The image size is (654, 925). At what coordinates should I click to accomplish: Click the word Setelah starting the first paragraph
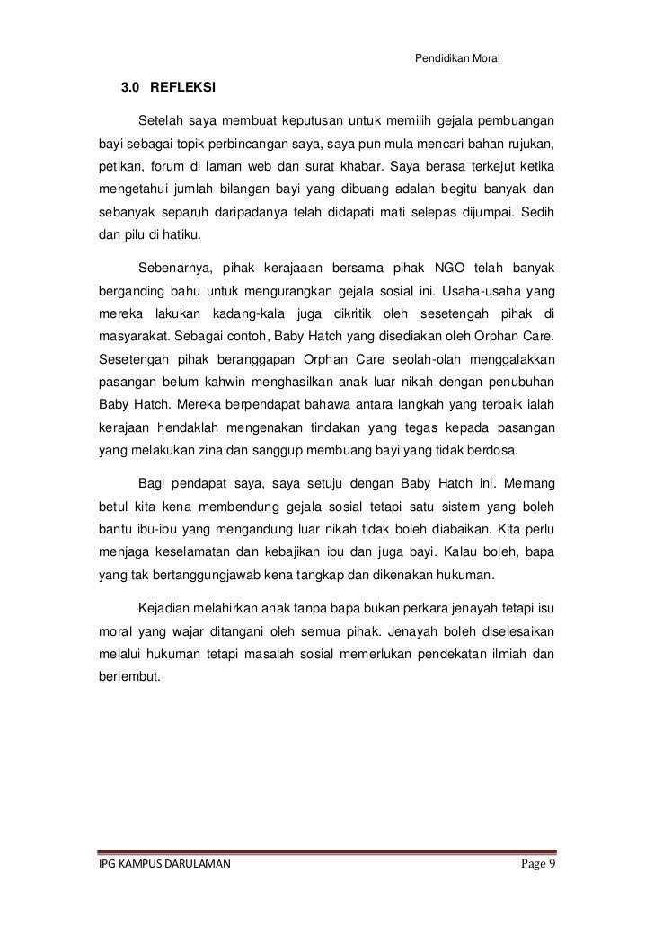pos(161,120)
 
